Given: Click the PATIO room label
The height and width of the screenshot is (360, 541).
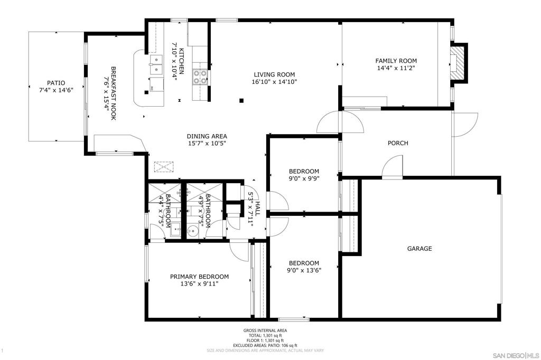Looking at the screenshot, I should coord(55,83).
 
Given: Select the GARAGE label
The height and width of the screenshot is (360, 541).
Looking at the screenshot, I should coord(419,249).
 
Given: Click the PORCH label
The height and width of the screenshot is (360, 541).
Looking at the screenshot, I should coord(398,143).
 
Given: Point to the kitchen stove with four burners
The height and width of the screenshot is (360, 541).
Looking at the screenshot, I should coord(200,77).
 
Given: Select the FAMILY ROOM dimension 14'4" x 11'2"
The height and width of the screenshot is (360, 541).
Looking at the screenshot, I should coord(396,68).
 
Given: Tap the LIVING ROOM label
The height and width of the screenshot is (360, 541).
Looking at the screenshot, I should coord(274,74).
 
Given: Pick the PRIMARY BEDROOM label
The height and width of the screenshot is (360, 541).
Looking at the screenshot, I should coord(199,277).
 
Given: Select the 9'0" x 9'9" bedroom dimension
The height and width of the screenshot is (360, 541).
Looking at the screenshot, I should coord(304,178).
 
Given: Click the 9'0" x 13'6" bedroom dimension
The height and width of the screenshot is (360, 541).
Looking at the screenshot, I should coord(304,270).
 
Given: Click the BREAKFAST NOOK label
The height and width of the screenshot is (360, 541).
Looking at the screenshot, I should coord(113,93).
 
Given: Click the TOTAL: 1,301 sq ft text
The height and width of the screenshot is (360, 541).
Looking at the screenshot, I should coord(265,335).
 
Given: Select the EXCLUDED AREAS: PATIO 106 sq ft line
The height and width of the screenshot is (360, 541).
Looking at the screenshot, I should coord(265,345).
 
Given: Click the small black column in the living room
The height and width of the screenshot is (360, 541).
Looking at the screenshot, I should coord(241,100).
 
